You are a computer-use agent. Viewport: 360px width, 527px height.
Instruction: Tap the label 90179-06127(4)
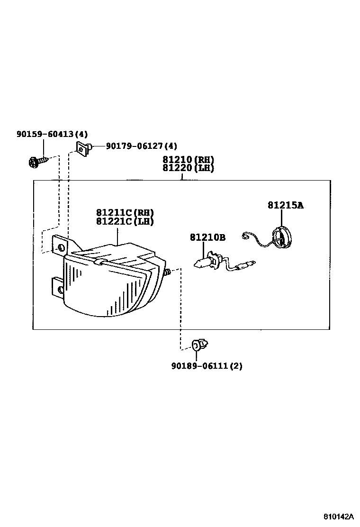pos(141,146)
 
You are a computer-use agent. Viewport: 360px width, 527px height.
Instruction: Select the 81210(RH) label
pos(188,160)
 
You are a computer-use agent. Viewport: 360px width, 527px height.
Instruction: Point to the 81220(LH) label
pos(188,168)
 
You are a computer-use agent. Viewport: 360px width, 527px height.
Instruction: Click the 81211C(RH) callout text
pos(125,213)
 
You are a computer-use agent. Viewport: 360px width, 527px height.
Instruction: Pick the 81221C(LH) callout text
pos(125,221)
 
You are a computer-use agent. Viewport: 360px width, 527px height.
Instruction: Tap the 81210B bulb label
pos(208,237)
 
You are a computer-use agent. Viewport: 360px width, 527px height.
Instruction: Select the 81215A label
pos(285,205)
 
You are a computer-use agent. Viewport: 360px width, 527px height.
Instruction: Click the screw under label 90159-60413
pos(36,163)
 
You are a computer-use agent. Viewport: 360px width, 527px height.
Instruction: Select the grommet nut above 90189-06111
pos(199,345)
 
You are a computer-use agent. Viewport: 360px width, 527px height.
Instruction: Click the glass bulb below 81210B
pos(201,262)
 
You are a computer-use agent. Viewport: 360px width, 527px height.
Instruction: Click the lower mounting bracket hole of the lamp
pos(59,290)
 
